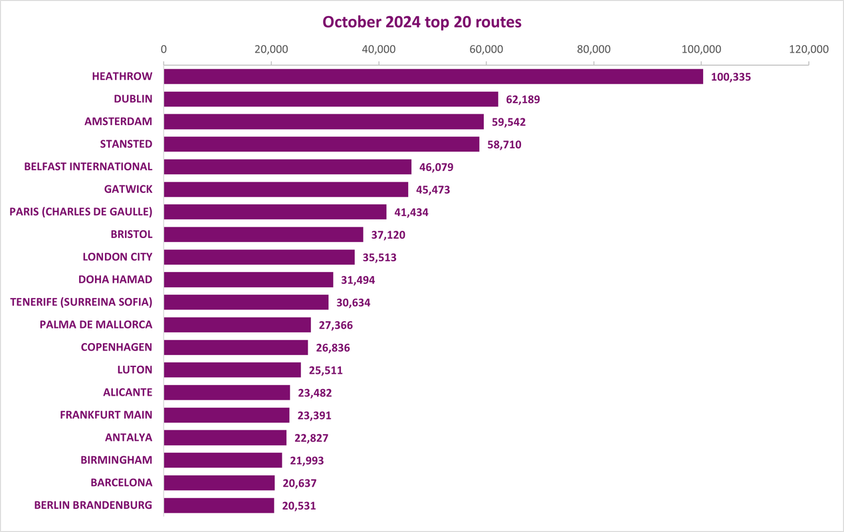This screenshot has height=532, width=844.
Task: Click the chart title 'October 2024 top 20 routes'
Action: point(421,22)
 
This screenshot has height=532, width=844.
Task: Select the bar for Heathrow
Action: point(433,76)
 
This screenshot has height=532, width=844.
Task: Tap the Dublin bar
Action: point(331,99)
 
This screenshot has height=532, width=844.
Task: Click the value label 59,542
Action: point(508,122)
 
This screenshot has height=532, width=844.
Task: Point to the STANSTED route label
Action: point(126,144)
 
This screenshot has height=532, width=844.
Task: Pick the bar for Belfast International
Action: point(288,167)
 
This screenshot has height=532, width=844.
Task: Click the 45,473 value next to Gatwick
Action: point(433,190)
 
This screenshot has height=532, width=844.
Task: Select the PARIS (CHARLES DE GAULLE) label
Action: point(80,212)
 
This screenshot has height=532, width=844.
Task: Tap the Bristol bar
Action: point(263,235)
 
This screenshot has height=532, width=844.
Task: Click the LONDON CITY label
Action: point(118,257)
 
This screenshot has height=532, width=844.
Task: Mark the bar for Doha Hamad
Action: point(249,280)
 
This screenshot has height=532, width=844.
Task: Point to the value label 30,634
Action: point(353,303)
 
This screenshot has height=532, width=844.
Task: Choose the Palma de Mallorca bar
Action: point(237,325)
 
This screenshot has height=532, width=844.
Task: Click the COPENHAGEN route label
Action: point(116,347)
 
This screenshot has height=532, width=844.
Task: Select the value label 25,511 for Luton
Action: point(326,370)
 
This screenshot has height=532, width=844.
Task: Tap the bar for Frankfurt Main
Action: point(227,415)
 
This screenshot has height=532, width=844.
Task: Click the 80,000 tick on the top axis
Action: point(593,49)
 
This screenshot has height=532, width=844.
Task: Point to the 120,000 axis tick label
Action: point(809,49)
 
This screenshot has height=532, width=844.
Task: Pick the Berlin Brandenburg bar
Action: point(219,505)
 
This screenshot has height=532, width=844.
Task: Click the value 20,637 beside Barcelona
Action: point(300,483)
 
